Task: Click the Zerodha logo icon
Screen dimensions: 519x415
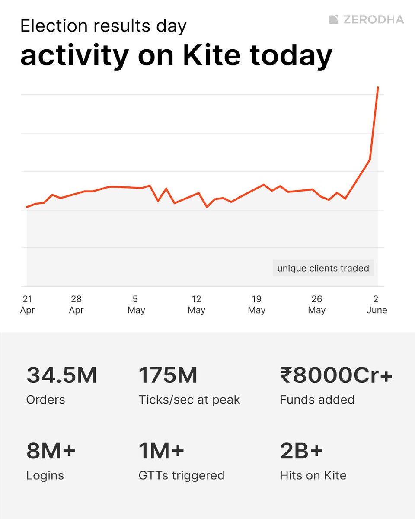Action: (333, 19)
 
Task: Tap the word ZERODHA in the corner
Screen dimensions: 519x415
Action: (373, 19)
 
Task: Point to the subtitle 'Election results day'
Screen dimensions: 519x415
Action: (103, 27)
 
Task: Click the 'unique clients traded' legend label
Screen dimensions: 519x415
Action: (323, 268)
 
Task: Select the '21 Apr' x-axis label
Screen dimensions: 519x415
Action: (27, 304)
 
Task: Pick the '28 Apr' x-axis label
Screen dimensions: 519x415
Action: (76, 304)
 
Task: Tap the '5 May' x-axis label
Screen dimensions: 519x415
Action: (136, 304)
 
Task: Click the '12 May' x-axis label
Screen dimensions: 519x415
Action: (196, 304)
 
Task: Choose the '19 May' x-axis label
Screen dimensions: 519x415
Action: (256, 304)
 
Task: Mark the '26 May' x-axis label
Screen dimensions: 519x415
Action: (316, 304)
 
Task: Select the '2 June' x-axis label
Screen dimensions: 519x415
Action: (377, 304)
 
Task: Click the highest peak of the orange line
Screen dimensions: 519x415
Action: (378, 88)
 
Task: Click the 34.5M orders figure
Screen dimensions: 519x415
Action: (61, 375)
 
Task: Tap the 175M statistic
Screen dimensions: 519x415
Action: (168, 375)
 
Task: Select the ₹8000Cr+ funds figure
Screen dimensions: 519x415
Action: (336, 375)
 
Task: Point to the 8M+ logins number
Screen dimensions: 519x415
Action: (51, 451)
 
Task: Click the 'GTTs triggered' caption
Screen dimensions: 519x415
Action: (182, 476)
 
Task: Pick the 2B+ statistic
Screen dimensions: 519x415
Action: (301, 451)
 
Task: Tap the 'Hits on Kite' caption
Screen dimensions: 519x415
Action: (313, 476)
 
